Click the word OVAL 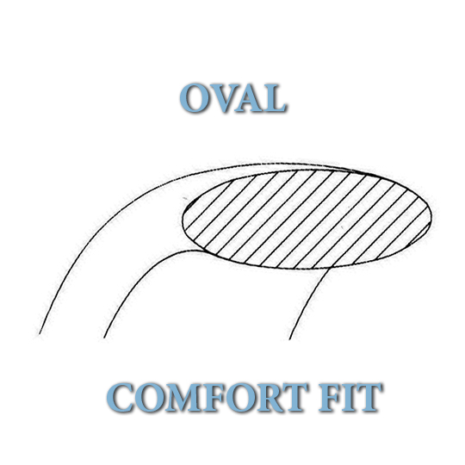(x=232, y=97)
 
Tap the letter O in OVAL (x=195, y=97)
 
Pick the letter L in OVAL (x=275, y=98)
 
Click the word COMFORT (x=207, y=397)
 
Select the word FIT (x=350, y=397)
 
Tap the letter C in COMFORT (x=120, y=398)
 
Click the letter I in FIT (x=349, y=398)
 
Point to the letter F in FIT (x=330, y=398)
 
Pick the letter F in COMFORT (x=210, y=398)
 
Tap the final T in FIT (x=369, y=398)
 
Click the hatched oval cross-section (x=307, y=220)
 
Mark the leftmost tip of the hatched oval (x=182, y=220)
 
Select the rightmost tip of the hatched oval (x=431, y=216)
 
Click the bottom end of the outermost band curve (x=40, y=334)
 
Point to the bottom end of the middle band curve (x=104, y=338)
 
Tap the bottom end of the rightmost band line (x=289, y=339)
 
